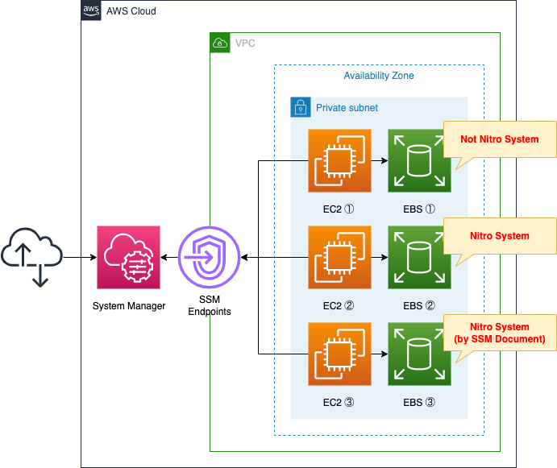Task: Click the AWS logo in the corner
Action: click(x=92, y=10)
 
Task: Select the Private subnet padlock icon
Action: click(x=300, y=107)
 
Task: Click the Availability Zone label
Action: click(x=379, y=76)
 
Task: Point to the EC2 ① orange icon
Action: click(x=339, y=160)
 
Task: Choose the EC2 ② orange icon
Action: click(x=339, y=257)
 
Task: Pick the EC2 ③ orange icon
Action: click(x=339, y=354)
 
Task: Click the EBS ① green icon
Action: click(x=419, y=160)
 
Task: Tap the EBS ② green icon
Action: click(x=419, y=257)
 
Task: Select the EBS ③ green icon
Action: click(x=419, y=354)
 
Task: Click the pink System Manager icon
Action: click(x=128, y=257)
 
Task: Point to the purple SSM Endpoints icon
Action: click(x=210, y=257)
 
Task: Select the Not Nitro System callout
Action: click(x=500, y=139)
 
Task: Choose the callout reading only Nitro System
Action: click(x=500, y=236)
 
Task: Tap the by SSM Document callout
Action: click(x=500, y=333)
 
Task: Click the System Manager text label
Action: click(x=129, y=306)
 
